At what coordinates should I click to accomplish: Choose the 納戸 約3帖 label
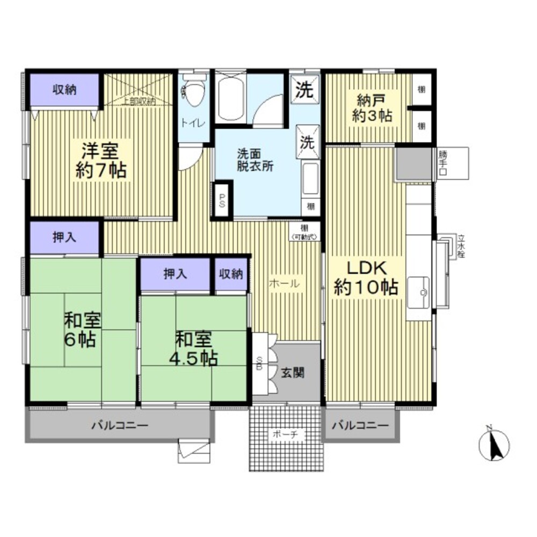[x=372, y=107]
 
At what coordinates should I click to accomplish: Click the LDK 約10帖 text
[x=366, y=278]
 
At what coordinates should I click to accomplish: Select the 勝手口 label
[x=442, y=163]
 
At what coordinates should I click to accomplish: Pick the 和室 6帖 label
[x=82, y=330]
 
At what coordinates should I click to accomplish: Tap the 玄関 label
[x=293, y=372]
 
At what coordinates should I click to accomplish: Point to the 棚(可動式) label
[x=304, y=231]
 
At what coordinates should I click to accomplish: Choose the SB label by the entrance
[x=259, y=364]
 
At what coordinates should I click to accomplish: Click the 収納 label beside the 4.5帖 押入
[x=231, y=274]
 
